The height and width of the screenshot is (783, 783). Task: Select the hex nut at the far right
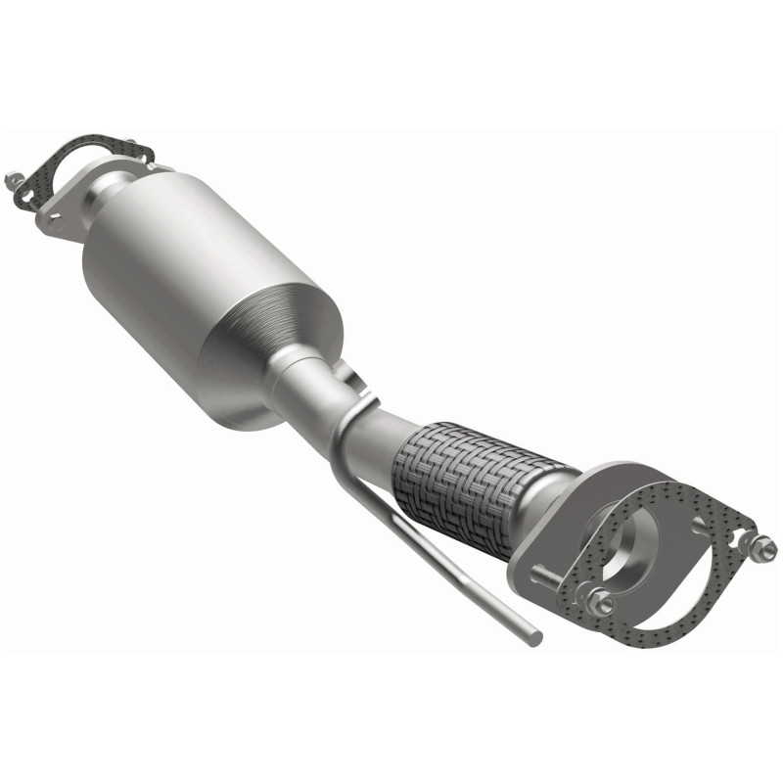click(763, 546)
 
